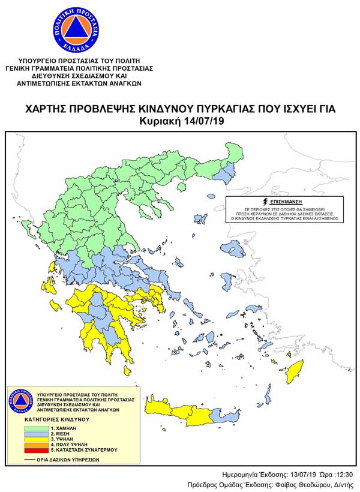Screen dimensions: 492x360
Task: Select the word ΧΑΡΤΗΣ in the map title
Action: (46, 109)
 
